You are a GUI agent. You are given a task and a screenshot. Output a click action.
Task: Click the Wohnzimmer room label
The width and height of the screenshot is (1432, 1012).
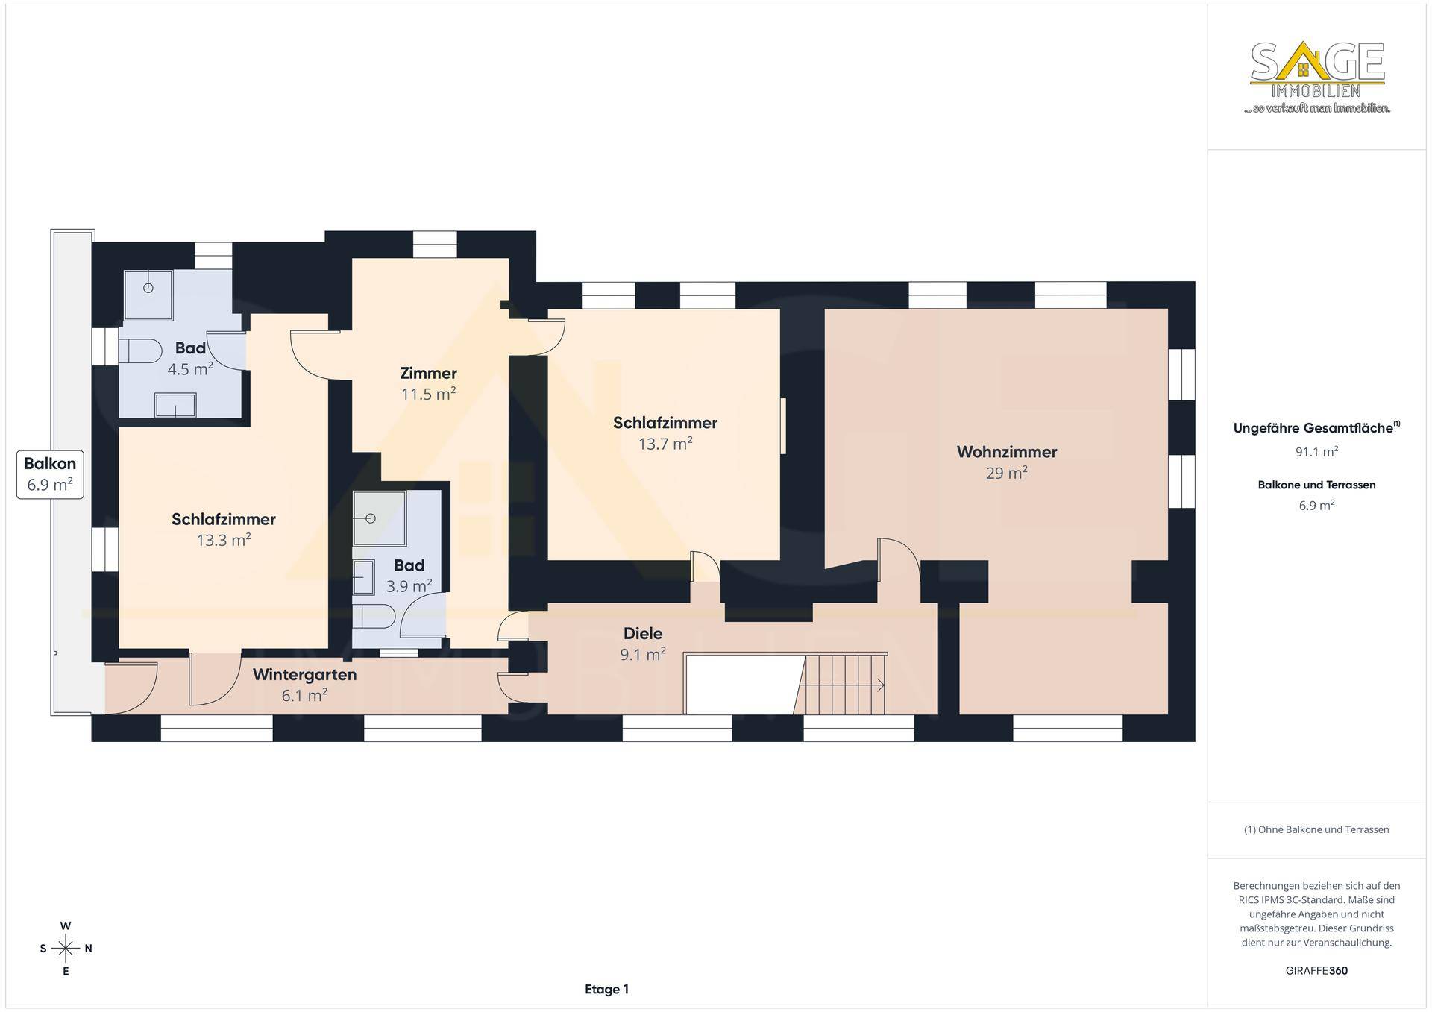1006,452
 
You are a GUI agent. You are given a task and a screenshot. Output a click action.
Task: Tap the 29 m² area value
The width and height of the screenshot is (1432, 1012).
1006,473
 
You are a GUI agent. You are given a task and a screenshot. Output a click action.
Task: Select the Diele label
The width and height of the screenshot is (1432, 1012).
643,634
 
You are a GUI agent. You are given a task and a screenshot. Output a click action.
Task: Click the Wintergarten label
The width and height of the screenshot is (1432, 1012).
304,675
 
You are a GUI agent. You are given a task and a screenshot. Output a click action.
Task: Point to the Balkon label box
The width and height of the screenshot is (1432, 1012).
50,474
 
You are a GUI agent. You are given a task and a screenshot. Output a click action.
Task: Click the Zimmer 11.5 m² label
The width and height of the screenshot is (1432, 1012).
428,383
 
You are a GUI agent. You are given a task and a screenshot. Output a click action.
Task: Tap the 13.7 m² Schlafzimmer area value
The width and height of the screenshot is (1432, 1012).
665,444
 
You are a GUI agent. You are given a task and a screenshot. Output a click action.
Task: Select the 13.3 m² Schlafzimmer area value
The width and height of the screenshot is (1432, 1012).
224,540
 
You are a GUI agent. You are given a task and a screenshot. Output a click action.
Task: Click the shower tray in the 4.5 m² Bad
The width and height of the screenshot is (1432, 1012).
148,295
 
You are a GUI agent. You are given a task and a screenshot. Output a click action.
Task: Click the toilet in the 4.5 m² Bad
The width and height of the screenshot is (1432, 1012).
141,352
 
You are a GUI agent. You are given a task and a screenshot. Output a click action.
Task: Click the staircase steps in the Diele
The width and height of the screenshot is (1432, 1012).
840,685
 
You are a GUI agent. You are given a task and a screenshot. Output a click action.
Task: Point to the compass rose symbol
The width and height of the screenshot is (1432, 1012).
66,949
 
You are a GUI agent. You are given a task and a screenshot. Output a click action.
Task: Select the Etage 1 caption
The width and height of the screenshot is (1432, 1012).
606,990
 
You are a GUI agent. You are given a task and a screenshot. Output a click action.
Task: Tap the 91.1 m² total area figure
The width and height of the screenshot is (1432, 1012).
1316,451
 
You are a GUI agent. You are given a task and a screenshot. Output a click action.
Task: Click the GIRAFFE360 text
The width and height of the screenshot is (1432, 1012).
1316,971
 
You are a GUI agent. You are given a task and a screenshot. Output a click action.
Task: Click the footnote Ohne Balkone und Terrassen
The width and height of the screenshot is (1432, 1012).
1316,829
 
